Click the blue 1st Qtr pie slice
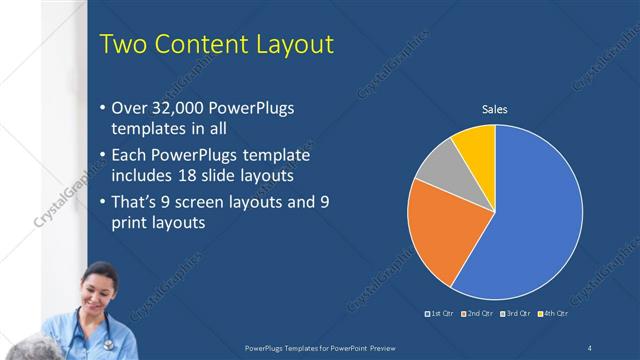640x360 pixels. click(530, 220)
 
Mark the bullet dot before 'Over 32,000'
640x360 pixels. click(103, 107)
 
